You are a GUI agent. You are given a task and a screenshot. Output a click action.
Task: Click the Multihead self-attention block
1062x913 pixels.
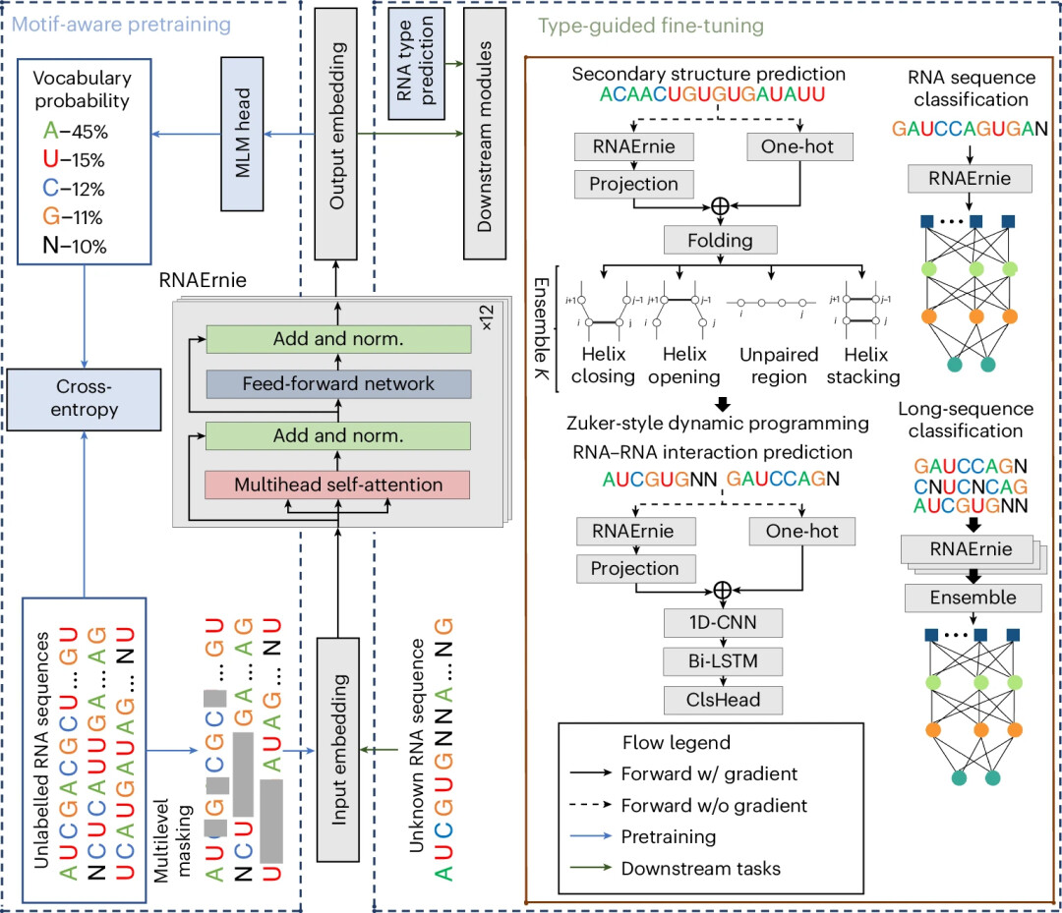point(338,484)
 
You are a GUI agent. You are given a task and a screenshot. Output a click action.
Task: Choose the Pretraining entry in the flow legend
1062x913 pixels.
point(669,838)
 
